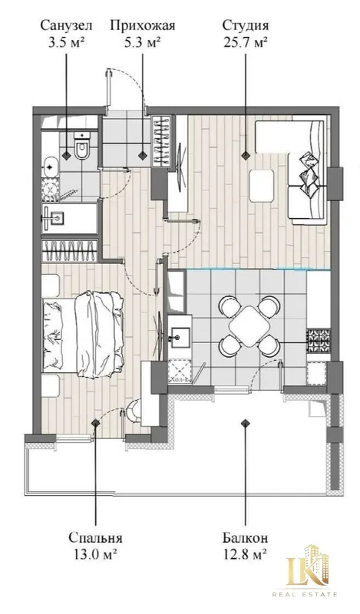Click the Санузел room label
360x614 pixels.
[x=67, y=26]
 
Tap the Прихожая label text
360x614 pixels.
[x=142, y=26]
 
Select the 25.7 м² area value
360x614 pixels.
[x=246, y=42]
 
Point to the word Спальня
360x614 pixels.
[x=96, y=537]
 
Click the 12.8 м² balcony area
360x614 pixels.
[x=245, y=554]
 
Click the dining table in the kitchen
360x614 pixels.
[x=249, y=326]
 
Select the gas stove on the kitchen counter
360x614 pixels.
[x=318, y=340]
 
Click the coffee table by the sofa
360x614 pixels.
[x=262, y=186]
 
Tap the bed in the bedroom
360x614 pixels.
[x=83, y=335]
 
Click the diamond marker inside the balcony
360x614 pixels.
[x=246, y=423]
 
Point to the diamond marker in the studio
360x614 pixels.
[x=246, y=156]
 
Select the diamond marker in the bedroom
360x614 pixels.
[x=95, y=423]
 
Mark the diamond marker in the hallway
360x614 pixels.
[x=143, y=156]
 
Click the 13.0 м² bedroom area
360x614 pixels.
[x=96, y=554]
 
